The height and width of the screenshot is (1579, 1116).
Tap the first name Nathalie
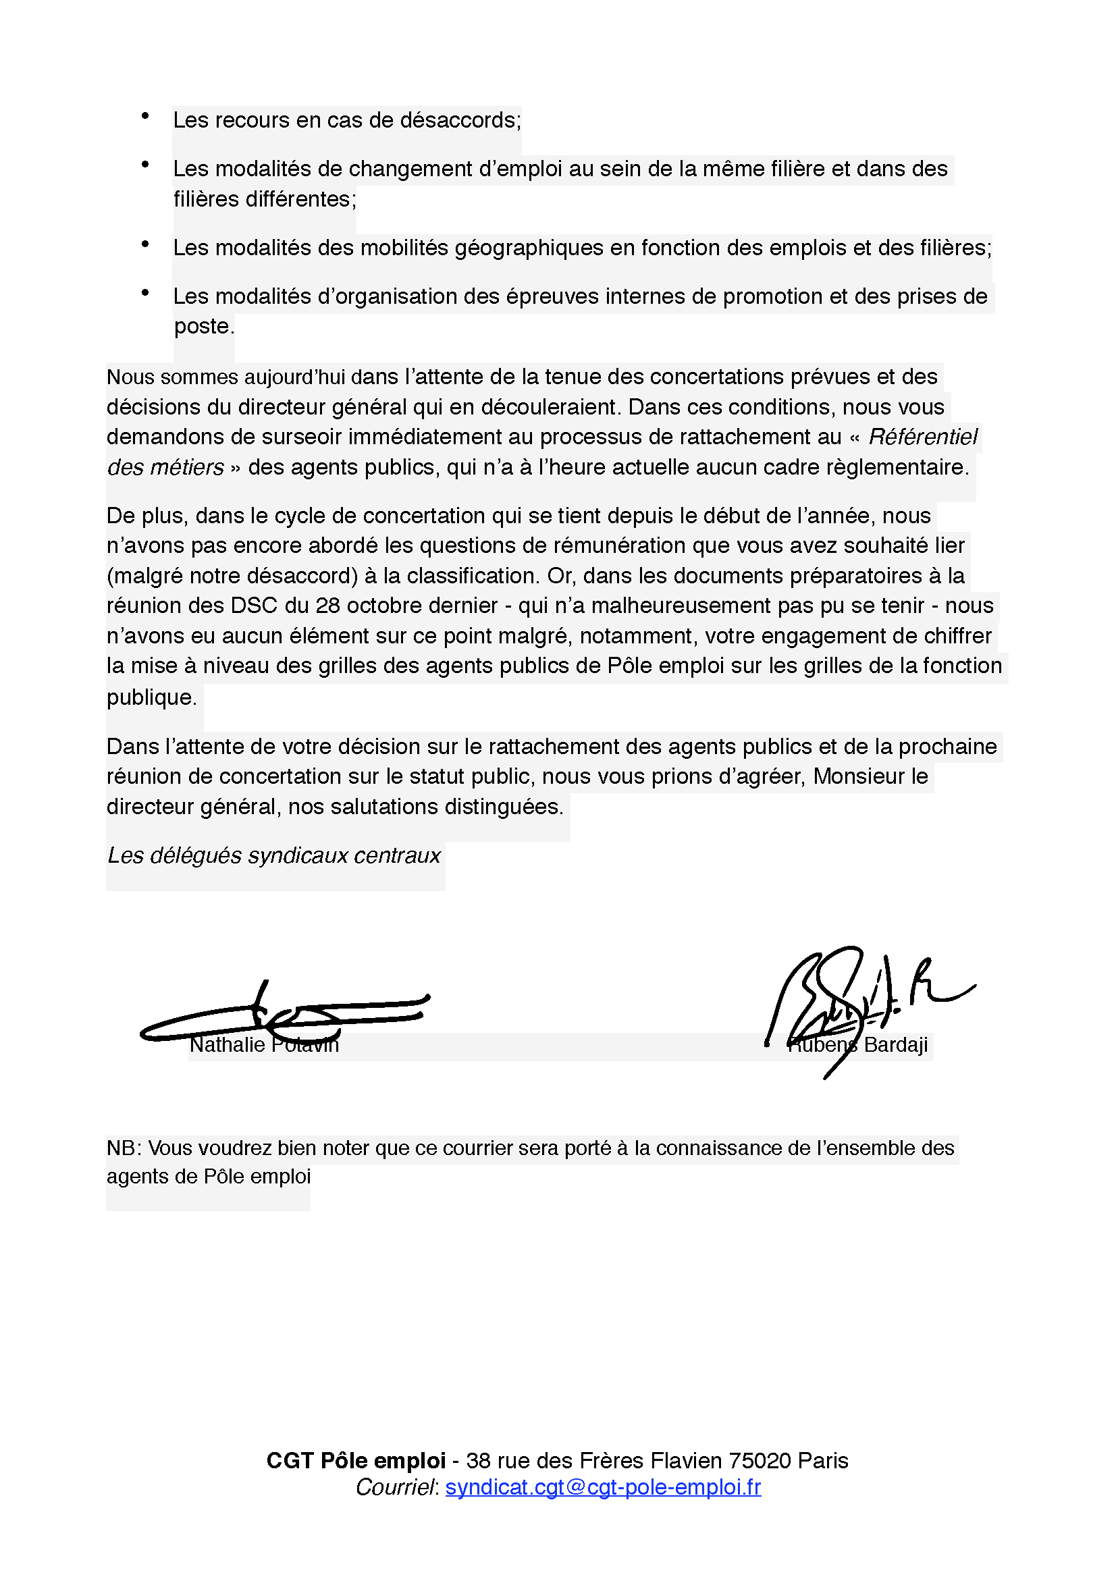point(227,1044)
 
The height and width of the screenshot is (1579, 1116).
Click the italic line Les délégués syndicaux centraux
point(273,855)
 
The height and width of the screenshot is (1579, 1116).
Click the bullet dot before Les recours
point(145,116)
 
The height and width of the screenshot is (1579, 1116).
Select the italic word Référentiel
point(922,437)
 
